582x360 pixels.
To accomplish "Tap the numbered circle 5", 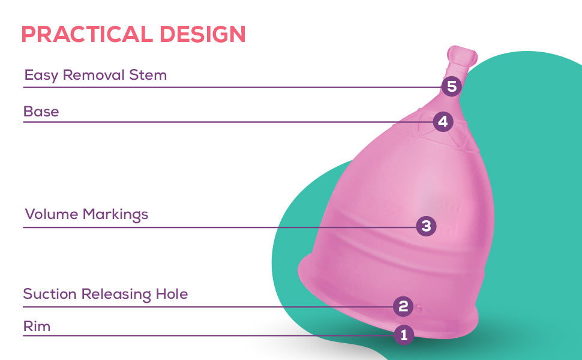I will point(451,87).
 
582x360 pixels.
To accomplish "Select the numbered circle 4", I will point(443,122).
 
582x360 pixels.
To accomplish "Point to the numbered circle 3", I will point(426,226).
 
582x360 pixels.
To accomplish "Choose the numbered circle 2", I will point(403,307).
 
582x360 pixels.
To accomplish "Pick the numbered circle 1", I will point(404,335).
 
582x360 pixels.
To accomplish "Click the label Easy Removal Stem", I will point(95,76).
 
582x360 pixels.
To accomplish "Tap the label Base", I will point(41,112).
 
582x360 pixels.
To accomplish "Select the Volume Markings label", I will point(86,215).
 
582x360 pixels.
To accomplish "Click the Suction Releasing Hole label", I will point(106,295).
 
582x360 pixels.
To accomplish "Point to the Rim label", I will point(37,327).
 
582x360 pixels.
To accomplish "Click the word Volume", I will point(51,215).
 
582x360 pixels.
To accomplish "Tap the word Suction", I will point(50,295).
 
